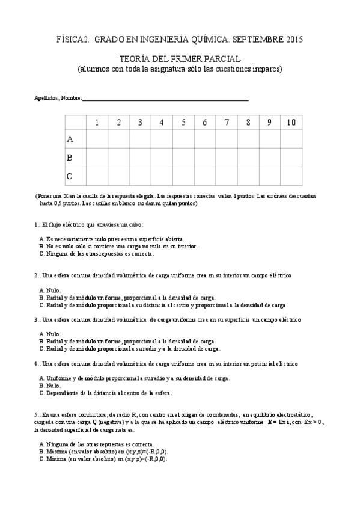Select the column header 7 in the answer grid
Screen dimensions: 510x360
tap(227, 123)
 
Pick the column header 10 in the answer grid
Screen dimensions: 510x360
tap(291, 123)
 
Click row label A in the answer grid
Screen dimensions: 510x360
tap(70, 139)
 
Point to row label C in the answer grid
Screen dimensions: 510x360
tap(70, 176)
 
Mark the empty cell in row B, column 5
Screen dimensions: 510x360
tap(183, 158)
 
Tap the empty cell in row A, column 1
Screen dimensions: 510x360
tap(97, 139)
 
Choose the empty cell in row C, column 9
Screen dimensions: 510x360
tap(269, 176)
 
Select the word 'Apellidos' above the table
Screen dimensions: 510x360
tap(46, 98)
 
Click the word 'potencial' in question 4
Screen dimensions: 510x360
tap(266, 364)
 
